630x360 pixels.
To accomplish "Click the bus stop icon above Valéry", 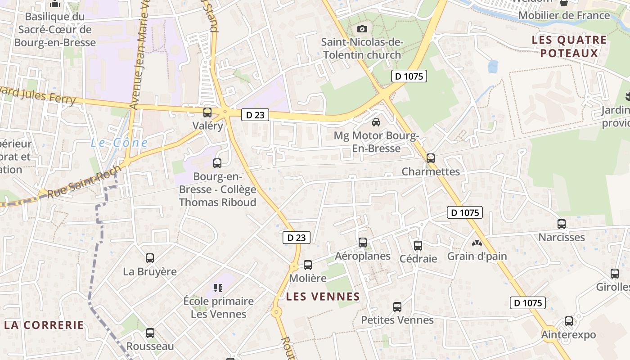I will pyautogui.click(x=207, y=112).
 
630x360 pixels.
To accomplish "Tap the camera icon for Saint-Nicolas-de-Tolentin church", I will pyautogui.click(x=362, y=29).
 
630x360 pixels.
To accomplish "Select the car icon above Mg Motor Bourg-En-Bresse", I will pyautogui.click(x=376, y=122).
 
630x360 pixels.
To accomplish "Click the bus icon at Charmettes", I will pyautogui.click(x=431, y=158).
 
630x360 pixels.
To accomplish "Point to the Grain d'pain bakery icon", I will pyautogui.click(x=477, y=243).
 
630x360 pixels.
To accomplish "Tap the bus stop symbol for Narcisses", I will pyautogui.click(x=562, y=224).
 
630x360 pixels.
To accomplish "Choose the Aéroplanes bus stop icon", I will pyautogui.click(x=363, y=243).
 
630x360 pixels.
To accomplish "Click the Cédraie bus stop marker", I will pyautogui.click(x=418, y=245).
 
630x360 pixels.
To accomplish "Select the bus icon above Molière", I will pyautogui.click(x=308, y=265).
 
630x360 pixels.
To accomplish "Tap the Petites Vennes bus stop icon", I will pyautogui.click(x=397, y=307).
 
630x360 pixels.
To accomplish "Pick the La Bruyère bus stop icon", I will pyautogui.click(x=150, y=258).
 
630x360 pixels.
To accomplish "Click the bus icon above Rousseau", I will pyautogui.click(x=150, y=333).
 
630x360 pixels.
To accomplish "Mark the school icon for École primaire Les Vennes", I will pyautogui.click(x=218, y=288).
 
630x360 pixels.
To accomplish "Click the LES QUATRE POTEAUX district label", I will pyautogui.click(x=569, y=46).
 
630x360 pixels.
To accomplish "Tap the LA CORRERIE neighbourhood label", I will pyautogui.click(x=44, y=325).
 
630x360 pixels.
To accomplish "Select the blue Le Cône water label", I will pyautogui.click(x=119, y=143).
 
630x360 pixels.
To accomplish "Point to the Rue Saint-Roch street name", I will pyautogui.click(x=84, y=182).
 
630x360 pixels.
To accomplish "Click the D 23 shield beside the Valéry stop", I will pyautogui.click(x=255, y=115).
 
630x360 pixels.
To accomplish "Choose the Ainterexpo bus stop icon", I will pyautogui.click(x=569, y=321).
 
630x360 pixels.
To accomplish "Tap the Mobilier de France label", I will pyautogui.click(x=564, y=15).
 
